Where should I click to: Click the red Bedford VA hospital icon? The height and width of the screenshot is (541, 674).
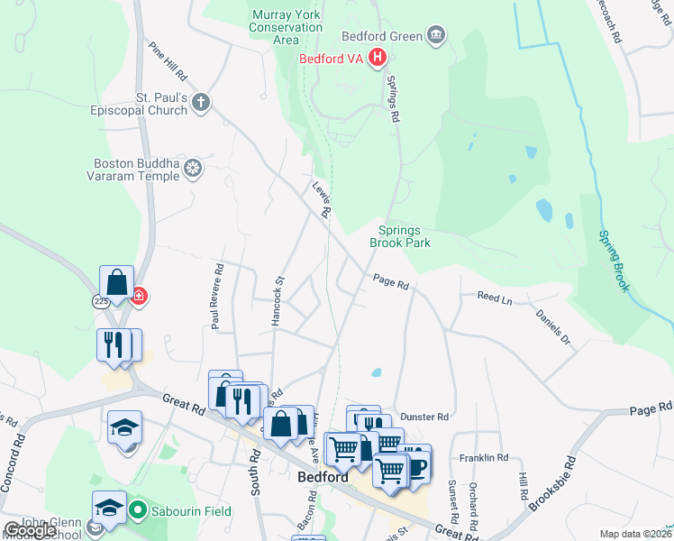[378, 60]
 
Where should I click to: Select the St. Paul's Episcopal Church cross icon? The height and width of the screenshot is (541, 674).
[199, 104]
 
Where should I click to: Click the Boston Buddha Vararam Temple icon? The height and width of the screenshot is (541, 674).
[192, 168]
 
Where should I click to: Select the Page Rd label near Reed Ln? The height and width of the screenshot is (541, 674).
[391, 283]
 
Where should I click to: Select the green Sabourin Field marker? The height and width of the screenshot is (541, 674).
[137, 511]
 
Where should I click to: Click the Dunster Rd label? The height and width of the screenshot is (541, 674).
[424, 417]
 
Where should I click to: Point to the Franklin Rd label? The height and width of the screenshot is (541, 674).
[484, 458]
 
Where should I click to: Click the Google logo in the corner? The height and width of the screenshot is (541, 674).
[30, 529]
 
